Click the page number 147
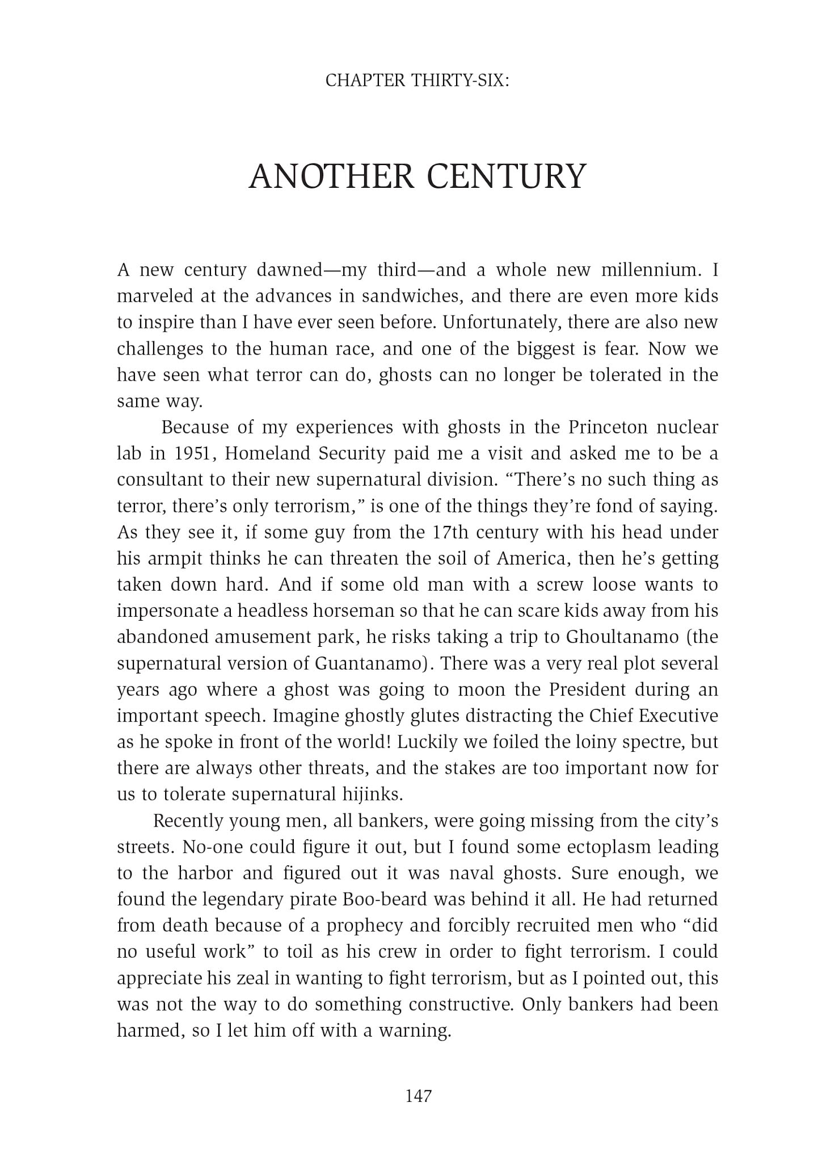[x=419, y=1096]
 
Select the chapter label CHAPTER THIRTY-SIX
[x=417, y=81]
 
